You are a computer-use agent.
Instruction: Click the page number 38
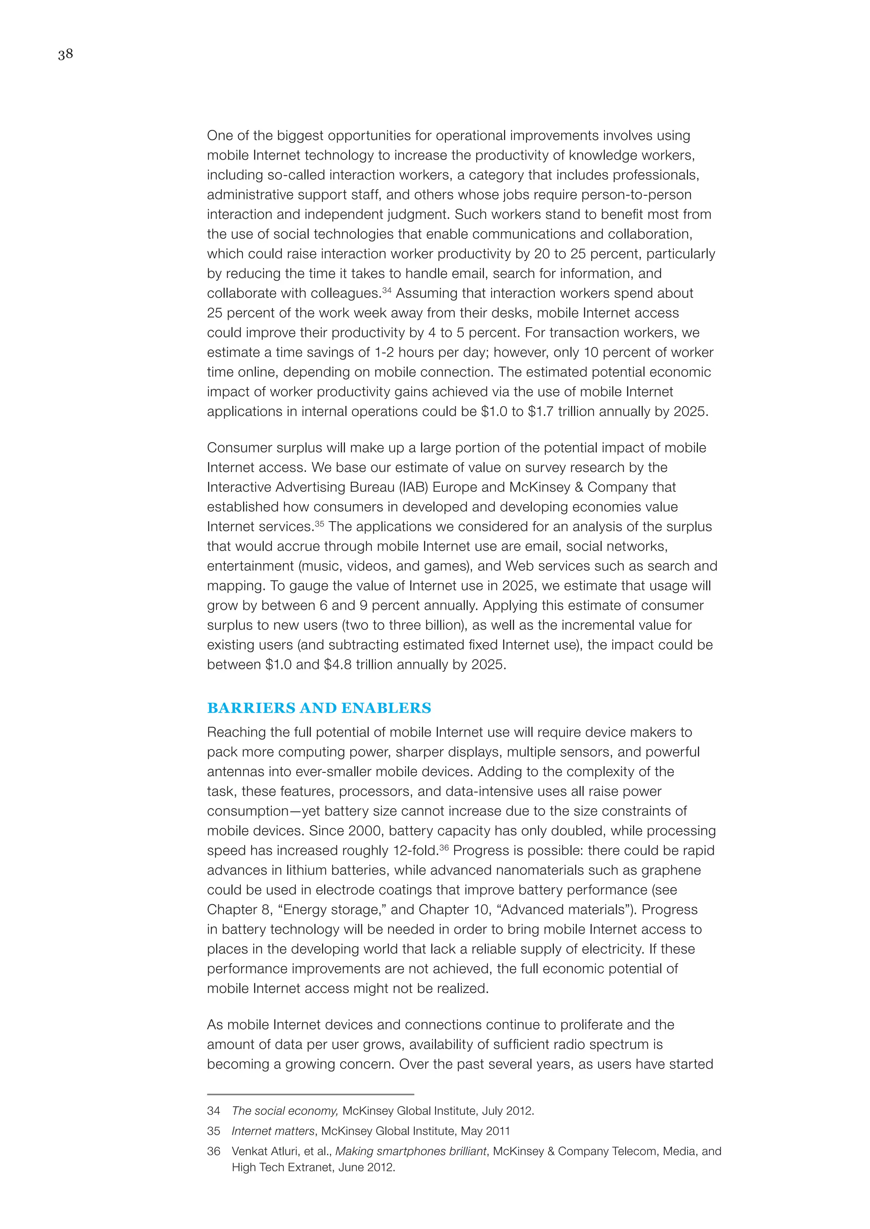click(65, 54)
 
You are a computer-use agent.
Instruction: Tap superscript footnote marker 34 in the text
click(387, 290)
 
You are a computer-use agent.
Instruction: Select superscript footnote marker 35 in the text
click(319, 524)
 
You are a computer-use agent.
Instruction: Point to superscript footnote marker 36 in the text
click(443, 847)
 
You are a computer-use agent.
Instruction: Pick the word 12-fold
click(416, 850)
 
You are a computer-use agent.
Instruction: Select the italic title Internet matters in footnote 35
click(273, 1131)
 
